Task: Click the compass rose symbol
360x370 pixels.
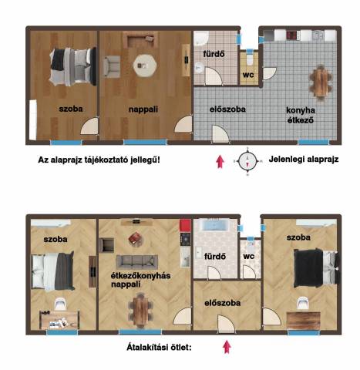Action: click(247, 161)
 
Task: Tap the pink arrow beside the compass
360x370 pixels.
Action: click(220, 162)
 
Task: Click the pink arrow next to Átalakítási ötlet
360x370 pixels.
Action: click(227, 347)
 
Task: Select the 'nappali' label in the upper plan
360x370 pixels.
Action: click(143, 109)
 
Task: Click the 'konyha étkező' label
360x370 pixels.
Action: click(301, 115)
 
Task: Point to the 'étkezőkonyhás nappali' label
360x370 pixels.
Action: click(140, 280)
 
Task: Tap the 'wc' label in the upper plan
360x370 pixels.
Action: click(248, 75)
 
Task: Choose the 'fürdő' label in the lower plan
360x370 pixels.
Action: click(215, 257)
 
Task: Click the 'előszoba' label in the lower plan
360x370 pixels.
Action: click(223, 303)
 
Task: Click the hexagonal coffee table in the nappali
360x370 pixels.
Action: click(145, 66)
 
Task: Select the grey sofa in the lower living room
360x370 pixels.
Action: click(137, 262)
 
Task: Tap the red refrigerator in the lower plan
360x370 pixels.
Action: click(185, 226)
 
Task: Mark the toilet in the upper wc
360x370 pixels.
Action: click(250, 58)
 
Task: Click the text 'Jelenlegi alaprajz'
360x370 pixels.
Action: click(304, 160)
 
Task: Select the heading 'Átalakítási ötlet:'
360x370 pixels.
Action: click(159, 348)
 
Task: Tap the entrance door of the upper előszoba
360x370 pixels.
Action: click(220, 133)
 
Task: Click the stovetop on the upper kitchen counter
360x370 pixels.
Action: click(291, 35)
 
